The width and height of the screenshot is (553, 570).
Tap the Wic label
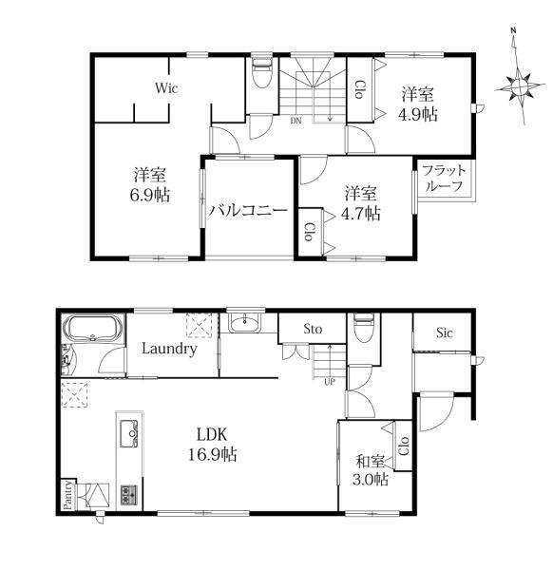coord(166,88)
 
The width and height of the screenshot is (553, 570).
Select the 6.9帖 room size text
coord(150,195)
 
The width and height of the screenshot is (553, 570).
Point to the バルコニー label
coord(248,211)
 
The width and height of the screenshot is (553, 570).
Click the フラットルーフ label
coord(445,178)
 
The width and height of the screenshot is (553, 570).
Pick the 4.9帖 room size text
coord(418,115)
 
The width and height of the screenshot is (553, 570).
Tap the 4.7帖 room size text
coord(361,214)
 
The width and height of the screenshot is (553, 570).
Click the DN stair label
coord(296,121)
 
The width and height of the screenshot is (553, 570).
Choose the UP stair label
coord(330,382)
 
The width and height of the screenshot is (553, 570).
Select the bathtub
coord(93,329)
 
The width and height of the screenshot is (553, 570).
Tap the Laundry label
coord(169,349)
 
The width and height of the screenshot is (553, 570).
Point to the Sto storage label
coord(313,330)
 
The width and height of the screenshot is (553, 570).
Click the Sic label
coord(445,332)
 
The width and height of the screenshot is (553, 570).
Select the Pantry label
coord(67,495)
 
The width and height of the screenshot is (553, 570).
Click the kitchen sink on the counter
coord(128,434)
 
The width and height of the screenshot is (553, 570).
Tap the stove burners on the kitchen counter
coord(129,494)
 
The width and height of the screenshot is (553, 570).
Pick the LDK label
coord(212,434)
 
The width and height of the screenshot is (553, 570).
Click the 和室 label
coord(371,462)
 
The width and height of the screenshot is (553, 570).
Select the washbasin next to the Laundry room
coord(245,322)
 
